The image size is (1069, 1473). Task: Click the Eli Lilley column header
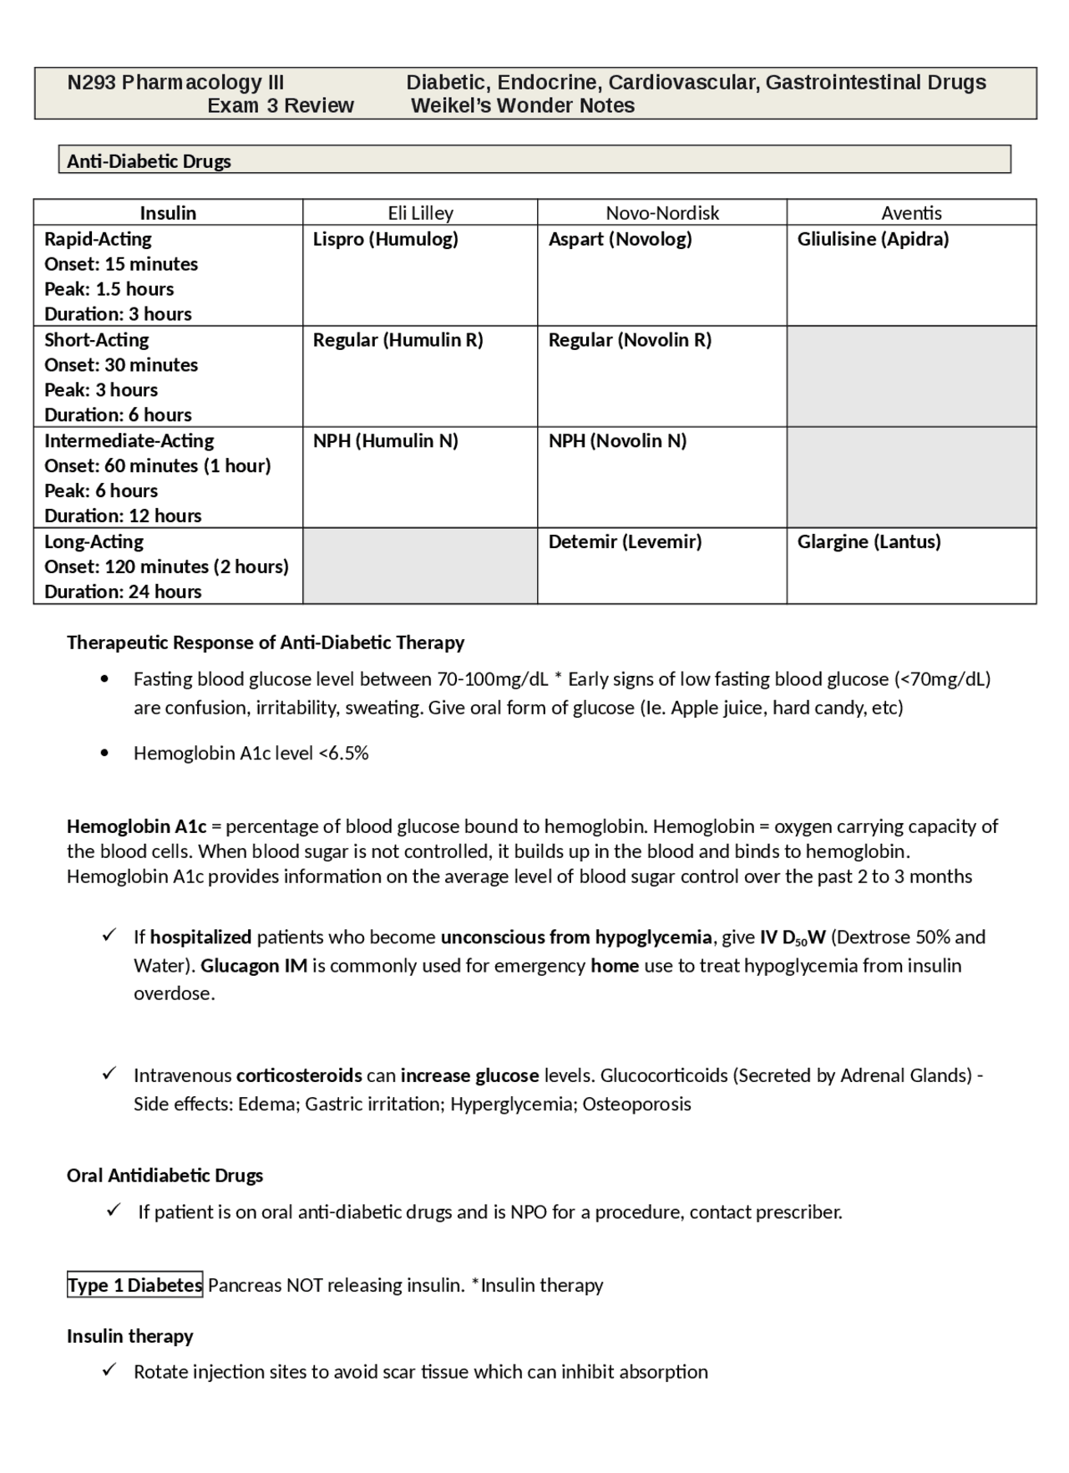point(420,213)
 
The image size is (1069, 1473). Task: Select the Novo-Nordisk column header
point(662,213)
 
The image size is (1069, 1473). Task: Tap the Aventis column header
point(911,213)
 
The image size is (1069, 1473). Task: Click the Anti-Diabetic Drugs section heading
point(149,161)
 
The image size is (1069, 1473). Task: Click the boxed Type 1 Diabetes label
point(134,1285)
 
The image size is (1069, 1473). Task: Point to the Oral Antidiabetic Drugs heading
point(165,1176)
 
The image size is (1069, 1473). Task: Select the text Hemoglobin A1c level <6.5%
point(251,754)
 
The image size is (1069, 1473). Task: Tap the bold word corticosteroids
point(299,1075)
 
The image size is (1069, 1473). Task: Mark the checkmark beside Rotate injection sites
point(109,1370)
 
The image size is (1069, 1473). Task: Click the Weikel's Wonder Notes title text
point(523,106)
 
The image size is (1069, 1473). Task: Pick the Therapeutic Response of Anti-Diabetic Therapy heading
point(265,643)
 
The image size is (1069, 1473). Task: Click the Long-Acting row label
point(94,542)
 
